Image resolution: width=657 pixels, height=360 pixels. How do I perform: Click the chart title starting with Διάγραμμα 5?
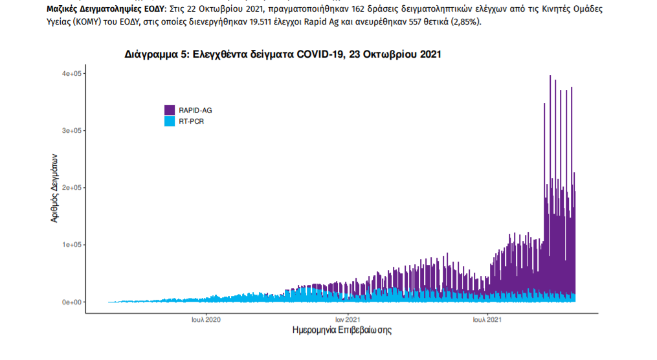click(x=283, y=55)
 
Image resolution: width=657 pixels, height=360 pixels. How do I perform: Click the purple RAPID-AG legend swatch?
click(x=170, y=110)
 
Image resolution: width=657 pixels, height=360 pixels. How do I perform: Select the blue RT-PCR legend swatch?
click(x=170, y=121)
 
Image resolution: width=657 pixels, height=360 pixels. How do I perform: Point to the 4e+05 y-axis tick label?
click(x=71, y=74)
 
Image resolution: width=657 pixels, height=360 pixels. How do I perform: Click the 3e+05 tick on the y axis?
click(x=71, y=131)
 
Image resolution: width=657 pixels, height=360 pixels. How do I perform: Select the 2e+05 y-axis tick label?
click(x=71, y=188)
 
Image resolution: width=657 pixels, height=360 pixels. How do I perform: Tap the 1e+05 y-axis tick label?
click(x=71, y=245)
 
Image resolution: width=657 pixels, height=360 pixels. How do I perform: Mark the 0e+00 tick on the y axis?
click(x=71, y=302)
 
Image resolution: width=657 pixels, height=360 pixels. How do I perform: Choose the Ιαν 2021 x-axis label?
click(x=348, y=319)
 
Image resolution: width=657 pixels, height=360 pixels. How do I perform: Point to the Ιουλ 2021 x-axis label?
click(x=486, y=319)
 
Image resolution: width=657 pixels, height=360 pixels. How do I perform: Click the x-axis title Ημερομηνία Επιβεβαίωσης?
click(x=342, y=331)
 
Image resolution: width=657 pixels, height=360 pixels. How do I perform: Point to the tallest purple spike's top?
click(x=550, y=76)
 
